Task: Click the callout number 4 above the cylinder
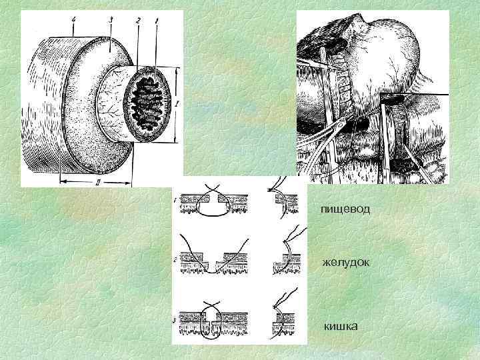tap(73, 19)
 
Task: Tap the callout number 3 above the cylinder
tap(111, 19)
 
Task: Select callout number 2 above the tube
tap(138, 21)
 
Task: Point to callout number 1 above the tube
tap(157, 21)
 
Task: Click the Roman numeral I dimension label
tap(177, 105)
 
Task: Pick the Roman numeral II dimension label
tap(97, 183)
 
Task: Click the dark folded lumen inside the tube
tap(147, 103)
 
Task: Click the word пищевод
tap(345, 209)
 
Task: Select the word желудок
tap(345, 263)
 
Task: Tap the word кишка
tap(341, 326)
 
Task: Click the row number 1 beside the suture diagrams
tap(174, 201)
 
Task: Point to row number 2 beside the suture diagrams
tap(174, 261)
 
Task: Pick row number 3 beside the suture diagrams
tap(174, 321)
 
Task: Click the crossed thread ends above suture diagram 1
tap(212, 188)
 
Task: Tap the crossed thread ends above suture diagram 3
tap(212, 305)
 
